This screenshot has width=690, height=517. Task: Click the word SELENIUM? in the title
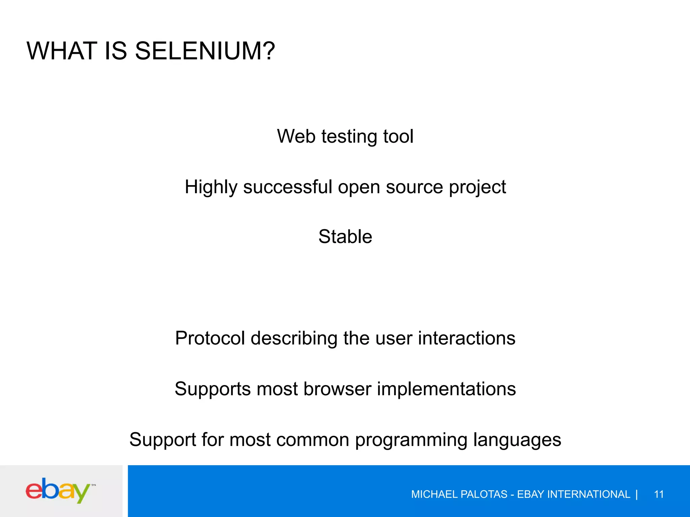click(x=205, y=51)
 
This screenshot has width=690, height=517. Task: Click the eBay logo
click(x=58, y=490)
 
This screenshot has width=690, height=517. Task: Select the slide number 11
click(x=659, y=494)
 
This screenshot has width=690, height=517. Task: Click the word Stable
click(x=345, y=236)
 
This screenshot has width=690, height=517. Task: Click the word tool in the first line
click(x=398, y=136)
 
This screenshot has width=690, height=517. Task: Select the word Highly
click(x=211, y=187)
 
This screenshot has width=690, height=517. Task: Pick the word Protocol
click(x=210, y=338)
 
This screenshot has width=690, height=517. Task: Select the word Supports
click(x=212, y=389)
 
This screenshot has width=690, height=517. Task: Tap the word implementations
click(x=446, y=389)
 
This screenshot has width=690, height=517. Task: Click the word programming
click(x=411, y=440)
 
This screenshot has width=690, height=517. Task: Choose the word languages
click(x=517, y=440)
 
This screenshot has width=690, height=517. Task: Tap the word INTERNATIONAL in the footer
click(x=589, y=494)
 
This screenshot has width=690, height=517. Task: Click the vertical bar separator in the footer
click(x=636, y=494)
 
